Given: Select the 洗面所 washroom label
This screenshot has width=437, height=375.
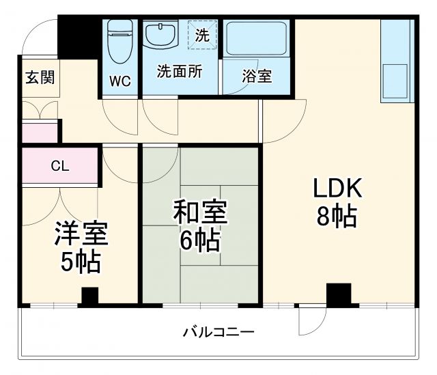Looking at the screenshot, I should pos(179,72).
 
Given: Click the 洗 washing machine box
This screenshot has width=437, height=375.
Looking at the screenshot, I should pos(202,36).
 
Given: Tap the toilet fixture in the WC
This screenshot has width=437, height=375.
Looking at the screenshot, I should pos(121,40).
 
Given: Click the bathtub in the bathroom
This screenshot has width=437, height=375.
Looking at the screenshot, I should pos(257,42).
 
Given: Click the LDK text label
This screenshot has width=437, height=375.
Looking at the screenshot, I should pos(337,188).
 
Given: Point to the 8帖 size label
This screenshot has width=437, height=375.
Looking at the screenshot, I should pos(336,217).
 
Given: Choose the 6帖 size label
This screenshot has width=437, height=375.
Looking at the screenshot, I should pos(199,241).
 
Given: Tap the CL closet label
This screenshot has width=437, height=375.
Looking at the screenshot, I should pos(59,165).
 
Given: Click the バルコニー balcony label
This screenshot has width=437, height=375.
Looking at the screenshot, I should pos(218,333).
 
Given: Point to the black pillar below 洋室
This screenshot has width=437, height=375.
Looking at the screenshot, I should pos(89,296).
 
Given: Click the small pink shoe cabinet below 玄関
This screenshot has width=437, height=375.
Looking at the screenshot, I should pos(40,131).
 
